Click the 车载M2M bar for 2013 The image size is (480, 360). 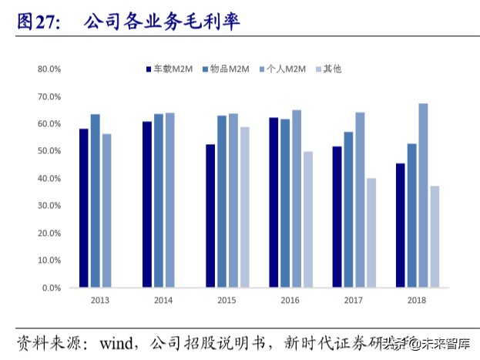coord(83,208)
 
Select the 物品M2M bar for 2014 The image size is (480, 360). coord(159,200)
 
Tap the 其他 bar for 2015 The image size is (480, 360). coord(245,207)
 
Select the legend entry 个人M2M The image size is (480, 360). coord(287,69)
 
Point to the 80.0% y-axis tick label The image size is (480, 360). coord(49,69)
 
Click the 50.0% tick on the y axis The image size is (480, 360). coord(49,151)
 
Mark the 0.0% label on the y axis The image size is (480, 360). coord(51,288)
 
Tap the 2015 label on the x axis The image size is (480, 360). coord(227,300)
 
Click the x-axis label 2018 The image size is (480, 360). coord(417,300)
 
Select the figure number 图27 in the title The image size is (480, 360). coord(38,22)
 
